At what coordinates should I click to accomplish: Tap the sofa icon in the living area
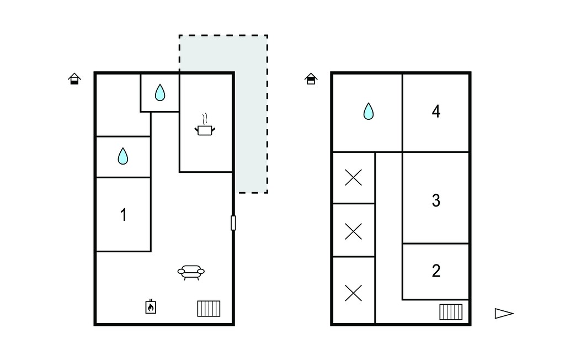click(x=191, y=272)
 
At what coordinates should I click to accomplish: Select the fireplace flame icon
click(x=151, y=306)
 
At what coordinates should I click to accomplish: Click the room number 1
click(x=124, y=215)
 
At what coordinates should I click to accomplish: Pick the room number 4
click(x=436, y=112)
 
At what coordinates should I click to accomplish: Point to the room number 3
click(x=436, y=200)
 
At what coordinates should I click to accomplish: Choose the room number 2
click(x=436, y=271)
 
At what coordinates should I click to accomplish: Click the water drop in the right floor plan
click(x=368, y=111)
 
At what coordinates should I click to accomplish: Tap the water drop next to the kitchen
click(x=160, y=92)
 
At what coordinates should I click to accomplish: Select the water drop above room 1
click(x=123, y=156)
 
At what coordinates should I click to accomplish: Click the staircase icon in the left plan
click(x=209, y=309)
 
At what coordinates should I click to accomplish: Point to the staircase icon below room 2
click(x=451, y=312)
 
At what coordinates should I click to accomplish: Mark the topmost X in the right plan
click(x=354, y=178)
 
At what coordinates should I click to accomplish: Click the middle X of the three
click(x=354, y=231)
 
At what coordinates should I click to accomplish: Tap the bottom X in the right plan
click(x=354, y=293)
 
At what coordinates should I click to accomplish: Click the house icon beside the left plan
click(x=74, y=79)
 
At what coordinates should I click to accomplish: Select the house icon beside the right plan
click(x=311, y=78)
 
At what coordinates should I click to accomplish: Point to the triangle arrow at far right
click(x=504, y=314)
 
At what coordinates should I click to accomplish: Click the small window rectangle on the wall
click(x=233, y=223)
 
